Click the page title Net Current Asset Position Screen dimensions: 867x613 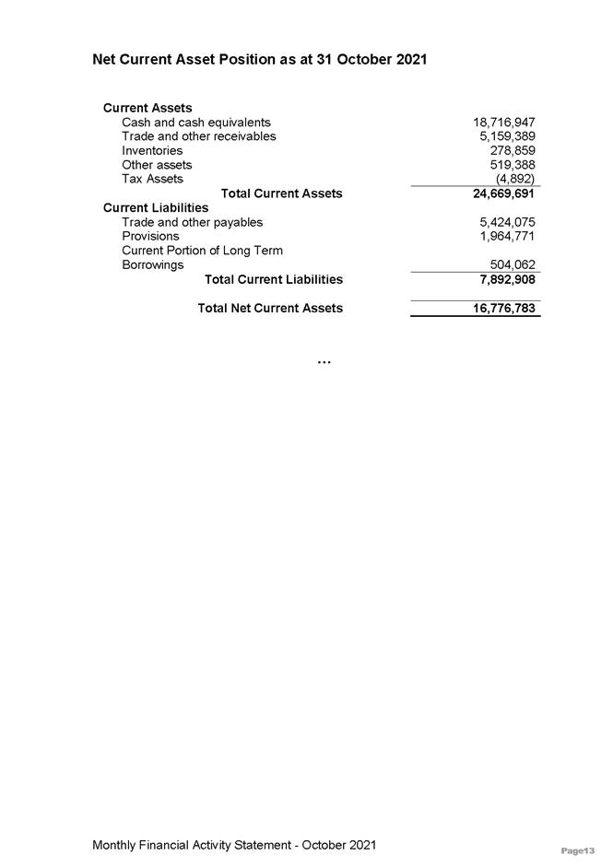[x=259, y=60]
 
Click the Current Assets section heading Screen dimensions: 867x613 [x=147, y=108]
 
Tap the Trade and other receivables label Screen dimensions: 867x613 [x=198, y=136]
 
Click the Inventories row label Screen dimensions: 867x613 [x=152, y=150]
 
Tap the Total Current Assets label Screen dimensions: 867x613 [x=281, y=193]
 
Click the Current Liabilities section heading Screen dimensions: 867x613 [x=156, y=207]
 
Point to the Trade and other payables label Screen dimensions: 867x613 [x=192, y=222]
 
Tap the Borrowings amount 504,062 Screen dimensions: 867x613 [x=513, y=265]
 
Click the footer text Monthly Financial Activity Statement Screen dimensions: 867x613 [x=234, y=845]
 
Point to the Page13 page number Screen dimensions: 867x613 [x=578, y=849]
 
